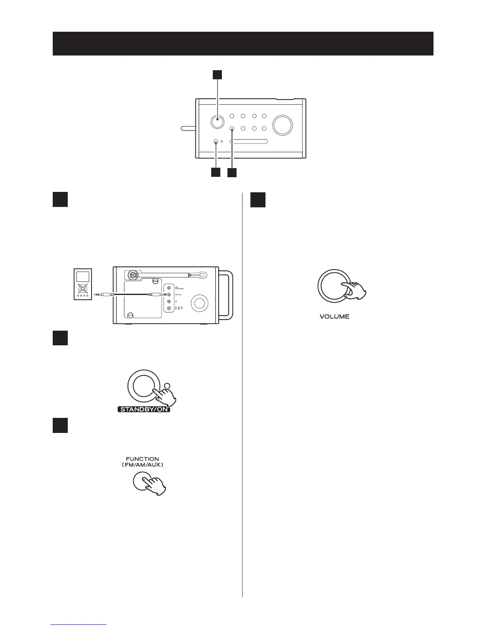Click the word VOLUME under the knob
coord(334,317)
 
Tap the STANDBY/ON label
coord(144,409)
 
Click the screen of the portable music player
coord(83,277)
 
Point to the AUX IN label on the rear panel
coord(178,295)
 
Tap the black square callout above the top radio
coord(217,75)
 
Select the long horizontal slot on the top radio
coord(249,142)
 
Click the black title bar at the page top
coord(242,44)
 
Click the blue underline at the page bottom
coord(79,624)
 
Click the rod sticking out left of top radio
coord(188,128)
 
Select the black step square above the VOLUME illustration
coord(258,200)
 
